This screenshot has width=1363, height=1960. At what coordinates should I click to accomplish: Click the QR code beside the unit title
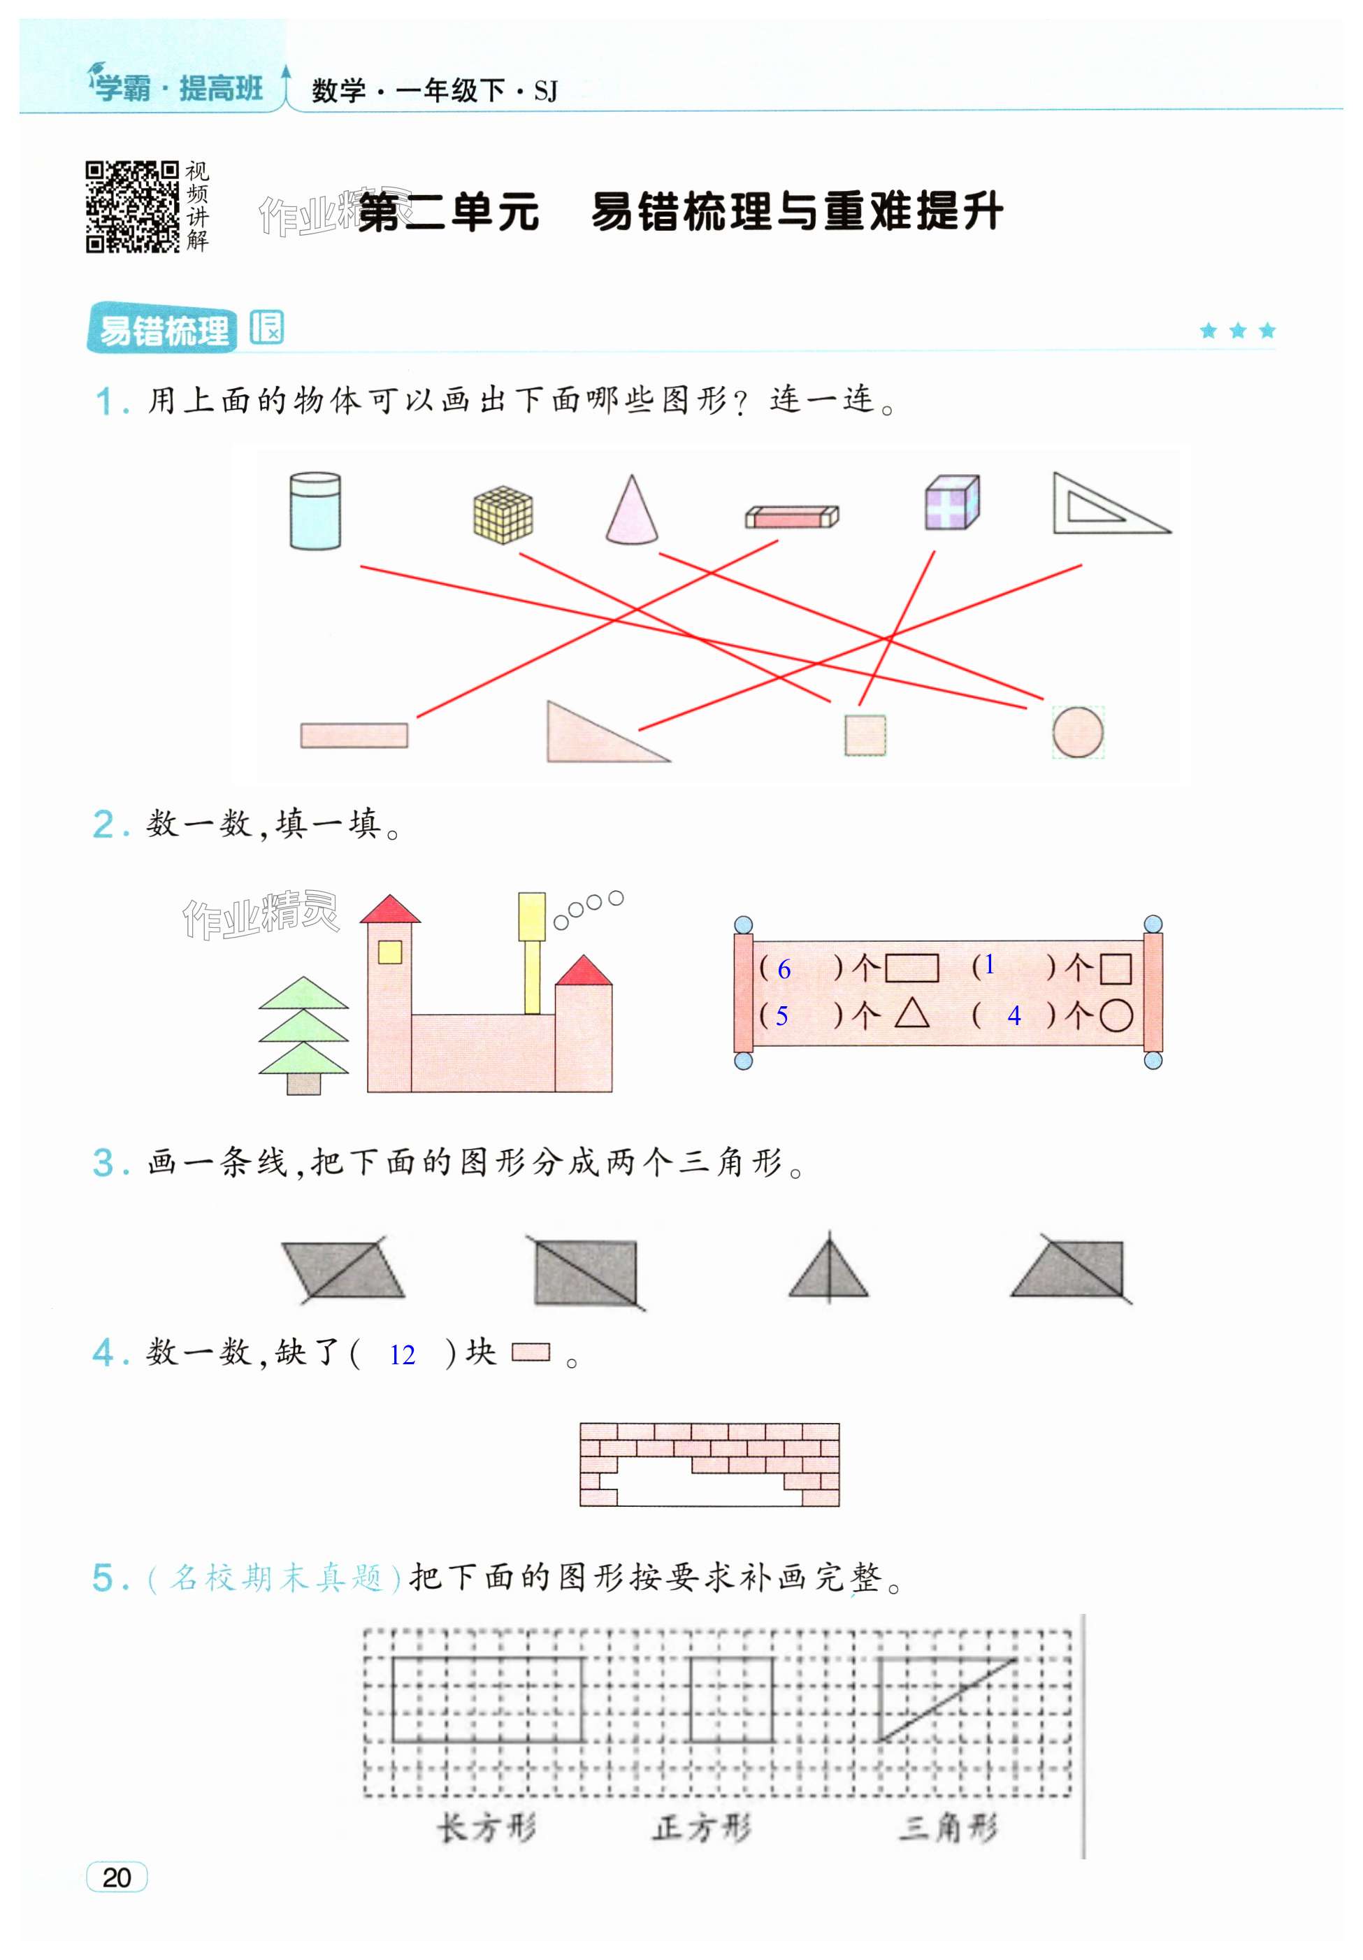point(131,206)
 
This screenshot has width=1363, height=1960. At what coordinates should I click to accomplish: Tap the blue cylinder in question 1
point(315,510)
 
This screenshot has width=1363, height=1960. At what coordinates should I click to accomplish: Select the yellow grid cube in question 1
point(503,515)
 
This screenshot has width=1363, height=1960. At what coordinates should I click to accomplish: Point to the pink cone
point(632,512)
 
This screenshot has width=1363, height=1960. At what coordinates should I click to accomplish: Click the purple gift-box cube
point(951,503)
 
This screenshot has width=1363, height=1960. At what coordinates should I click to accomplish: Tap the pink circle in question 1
point(1077,731)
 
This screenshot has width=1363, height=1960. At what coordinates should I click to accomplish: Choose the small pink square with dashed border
point(865,734)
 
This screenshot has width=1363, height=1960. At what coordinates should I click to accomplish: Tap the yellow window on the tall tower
point(390,951)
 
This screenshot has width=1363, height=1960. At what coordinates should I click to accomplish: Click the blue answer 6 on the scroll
point(784,969)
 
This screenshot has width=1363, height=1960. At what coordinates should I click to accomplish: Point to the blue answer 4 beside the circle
point(1014,1015)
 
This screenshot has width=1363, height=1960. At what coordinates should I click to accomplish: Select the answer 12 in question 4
point(402,1354)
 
